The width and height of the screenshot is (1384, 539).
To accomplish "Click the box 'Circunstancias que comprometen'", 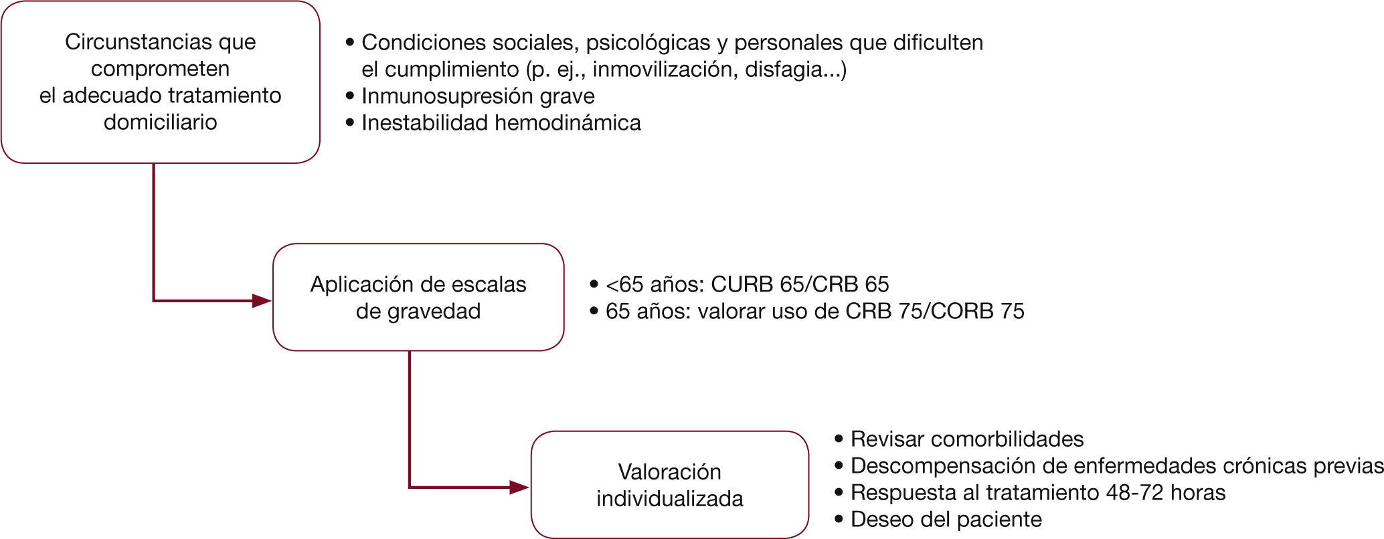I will (161, 82).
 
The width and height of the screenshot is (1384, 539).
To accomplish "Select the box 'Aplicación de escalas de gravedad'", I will (418, 297).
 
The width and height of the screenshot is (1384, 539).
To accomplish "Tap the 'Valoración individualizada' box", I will (669, 485).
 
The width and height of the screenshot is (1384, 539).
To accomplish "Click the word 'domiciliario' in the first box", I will (161, 122).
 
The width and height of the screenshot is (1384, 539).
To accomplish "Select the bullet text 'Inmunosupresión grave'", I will (478, 96).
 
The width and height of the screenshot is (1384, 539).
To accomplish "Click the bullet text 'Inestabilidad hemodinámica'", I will (501, 123).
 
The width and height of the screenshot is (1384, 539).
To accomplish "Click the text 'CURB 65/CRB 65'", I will (800, 284).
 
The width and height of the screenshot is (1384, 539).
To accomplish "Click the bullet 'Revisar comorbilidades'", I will (967, 439).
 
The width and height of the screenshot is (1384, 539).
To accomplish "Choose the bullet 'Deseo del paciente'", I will (946, 520).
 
